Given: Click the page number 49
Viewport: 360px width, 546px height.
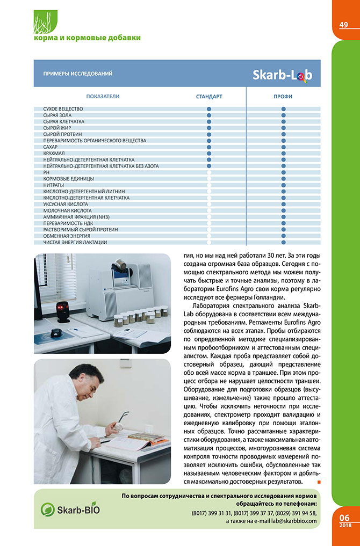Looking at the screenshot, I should pyautogui.click(x=344, y=25).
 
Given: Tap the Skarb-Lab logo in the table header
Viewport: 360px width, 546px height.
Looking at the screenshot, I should pyautogui.click(x=282, y=75).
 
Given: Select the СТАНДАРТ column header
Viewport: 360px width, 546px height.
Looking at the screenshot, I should pyautogui.click(x=209, y=97).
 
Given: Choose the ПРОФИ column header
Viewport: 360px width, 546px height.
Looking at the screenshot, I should pyautogui.click(x=283, y=97).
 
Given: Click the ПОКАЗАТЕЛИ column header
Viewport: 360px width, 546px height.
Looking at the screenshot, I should pyautogui.click(x=103, y=97).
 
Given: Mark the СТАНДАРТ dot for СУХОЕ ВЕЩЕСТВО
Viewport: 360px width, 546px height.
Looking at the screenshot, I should pyautogui.click(x=209, y=109).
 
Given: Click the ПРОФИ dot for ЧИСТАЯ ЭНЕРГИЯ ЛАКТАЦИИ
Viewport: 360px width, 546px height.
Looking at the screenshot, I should pyautogui.click(x=283, y=242).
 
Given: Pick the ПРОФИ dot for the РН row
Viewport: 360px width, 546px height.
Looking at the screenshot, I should pyautogui.click(x=283, y=172).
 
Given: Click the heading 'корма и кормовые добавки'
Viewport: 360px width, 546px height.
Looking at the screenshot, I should pyautogui.click(x=87, y=38).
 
